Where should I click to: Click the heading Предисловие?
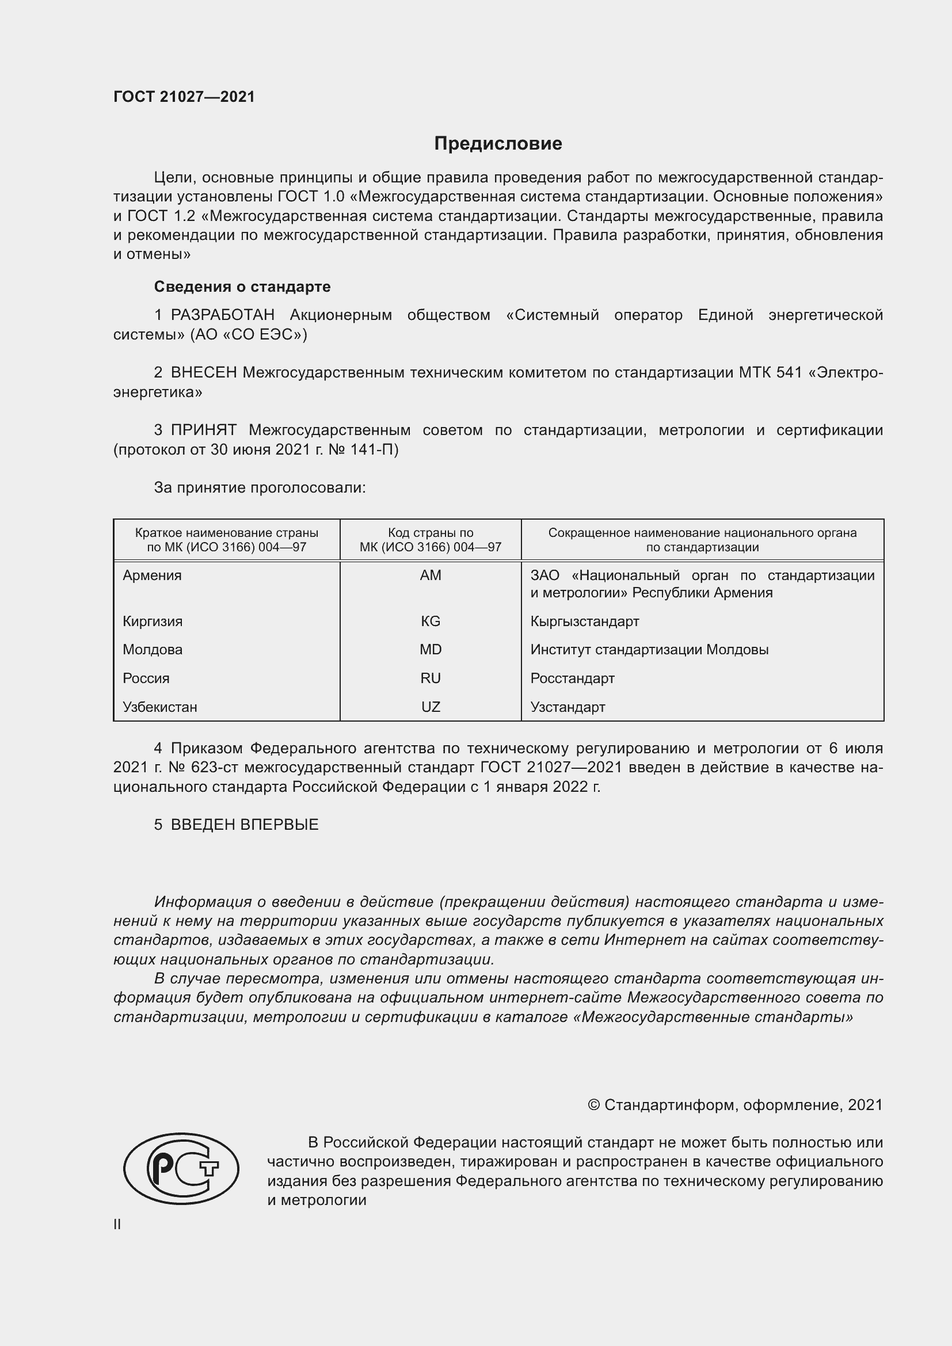(x=498, y=144)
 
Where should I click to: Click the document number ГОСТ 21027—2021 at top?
(x=184, y=97)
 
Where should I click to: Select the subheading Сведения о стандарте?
(x=242, y=287)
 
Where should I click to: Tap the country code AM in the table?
(x=431, y=575)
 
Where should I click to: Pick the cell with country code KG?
(x=431, y=621)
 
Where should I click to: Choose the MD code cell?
(x=431, y=650)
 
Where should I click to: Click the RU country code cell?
(x=431, y=678)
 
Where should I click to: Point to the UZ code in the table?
(x=431, y=707)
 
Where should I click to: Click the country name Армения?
(x=152, y=575)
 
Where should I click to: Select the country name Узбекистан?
(x=159, y=707)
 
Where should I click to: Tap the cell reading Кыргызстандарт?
(x=584, y=621)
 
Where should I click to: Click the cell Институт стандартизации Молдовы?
(x=649, y=650)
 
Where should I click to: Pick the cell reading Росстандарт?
(x=572, y=678)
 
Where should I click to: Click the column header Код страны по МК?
(x=431, y=540)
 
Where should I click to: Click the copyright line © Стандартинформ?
(x=734, y=1105)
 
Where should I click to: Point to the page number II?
(x=117, y=1225)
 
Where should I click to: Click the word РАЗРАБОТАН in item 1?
(x=223, y=315)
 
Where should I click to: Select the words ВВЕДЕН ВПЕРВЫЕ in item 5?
(x=245, y=825)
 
